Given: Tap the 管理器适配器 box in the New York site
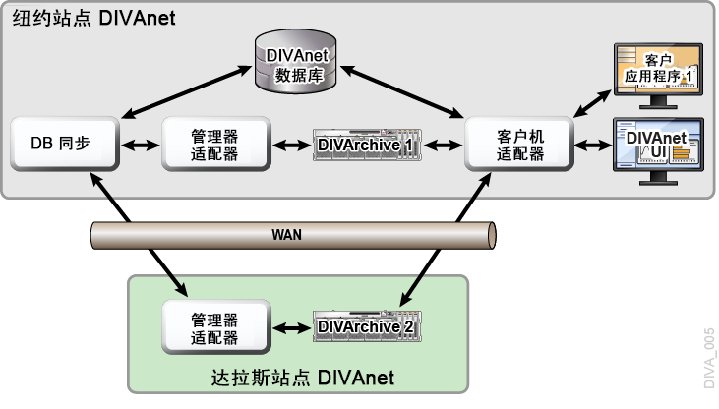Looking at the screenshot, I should pyautogui.click(x=214, y=144).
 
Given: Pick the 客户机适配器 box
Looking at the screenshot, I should pyautogui.click(x=520, y=145).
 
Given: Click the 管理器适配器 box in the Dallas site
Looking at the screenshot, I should pyautogui.click(x=214, y=326).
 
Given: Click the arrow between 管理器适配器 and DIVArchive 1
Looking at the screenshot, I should pyautogui.click(x=291, y=145).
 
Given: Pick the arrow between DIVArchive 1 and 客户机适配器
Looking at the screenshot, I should pyautogui.click(x=446, y=145).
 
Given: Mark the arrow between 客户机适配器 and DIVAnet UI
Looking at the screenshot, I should pyautogui.click(x=593, y=145).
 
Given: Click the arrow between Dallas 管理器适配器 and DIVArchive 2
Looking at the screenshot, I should pyautogui.click(x=291, y=326).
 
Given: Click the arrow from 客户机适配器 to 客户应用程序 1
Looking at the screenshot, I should pyautogui.click(x=593, y=95).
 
